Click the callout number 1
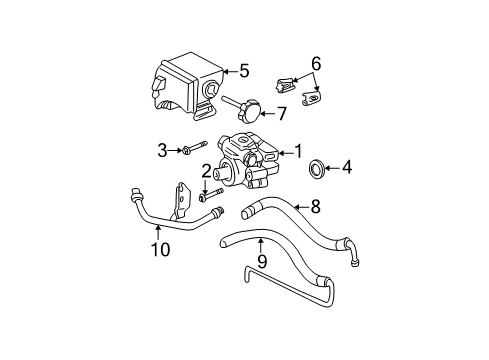tap(297, 153)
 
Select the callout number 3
tap(161, 150)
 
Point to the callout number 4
tap(347, 167)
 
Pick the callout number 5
tap(244, 71)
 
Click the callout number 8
tap(314, 208)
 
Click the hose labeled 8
tap(300, 230)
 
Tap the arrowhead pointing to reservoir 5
tap(226, 71)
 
